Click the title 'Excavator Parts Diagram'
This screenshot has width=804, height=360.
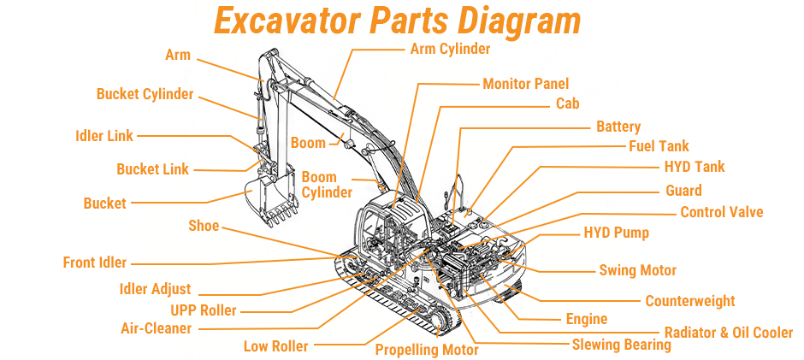(397, 20)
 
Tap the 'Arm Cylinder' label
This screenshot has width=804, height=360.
(450, 49)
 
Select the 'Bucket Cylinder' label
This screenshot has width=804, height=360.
(145, 94)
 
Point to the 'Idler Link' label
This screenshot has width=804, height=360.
(103, 136)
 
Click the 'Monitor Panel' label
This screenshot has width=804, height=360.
(525, 84)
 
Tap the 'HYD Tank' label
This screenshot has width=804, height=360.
(694, 167)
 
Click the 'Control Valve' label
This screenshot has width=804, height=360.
(721, 212)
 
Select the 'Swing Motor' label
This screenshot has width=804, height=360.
(637, 270)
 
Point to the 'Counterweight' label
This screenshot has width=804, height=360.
(689, 301)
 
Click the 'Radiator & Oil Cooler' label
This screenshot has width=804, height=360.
(728, 332)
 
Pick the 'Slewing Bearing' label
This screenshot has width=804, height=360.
(621, 345)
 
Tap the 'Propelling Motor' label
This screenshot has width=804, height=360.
(427, 350)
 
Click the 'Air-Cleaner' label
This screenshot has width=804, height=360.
(156, 328)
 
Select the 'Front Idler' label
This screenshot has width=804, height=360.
(94, 263)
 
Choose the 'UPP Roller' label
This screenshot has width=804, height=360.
(203, 310)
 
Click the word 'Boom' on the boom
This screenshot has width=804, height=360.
(308, 142)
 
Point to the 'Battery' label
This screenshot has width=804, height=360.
(618, 127)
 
